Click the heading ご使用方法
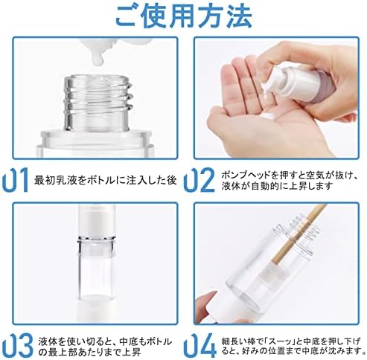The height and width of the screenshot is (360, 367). coord(184,16)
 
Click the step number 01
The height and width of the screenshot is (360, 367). coord(16,180)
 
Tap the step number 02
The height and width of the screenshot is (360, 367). coord(199,180)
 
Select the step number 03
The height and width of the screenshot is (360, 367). coord(17,346)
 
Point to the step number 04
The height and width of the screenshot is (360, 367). coord(199,346)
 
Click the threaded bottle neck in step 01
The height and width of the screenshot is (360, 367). coord(98,103)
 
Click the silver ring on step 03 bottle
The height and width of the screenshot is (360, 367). coord(96,240)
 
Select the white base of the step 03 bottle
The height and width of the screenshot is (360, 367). coord(96,310)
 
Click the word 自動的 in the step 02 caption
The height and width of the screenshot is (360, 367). coord(267,186)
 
